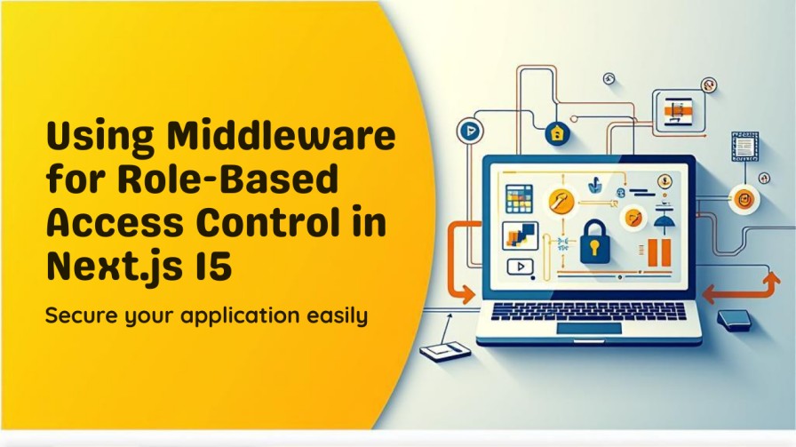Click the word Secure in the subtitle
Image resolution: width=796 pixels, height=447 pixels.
point(84,315)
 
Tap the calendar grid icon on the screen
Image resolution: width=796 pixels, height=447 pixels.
point(519,197)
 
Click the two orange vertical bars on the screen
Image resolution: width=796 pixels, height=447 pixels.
point(658,251)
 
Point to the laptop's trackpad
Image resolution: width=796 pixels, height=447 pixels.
point(589,328)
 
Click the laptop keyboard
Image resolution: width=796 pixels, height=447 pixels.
point(589,311)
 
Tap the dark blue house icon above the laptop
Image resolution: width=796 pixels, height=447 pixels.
point(557,132)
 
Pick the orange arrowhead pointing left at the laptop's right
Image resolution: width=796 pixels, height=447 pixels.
point(711,292)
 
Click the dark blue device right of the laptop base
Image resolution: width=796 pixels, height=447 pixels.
point(734,319)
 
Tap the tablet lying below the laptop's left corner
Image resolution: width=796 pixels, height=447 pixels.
point(445,351)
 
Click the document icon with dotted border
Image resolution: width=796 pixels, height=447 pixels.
point(744,147)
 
